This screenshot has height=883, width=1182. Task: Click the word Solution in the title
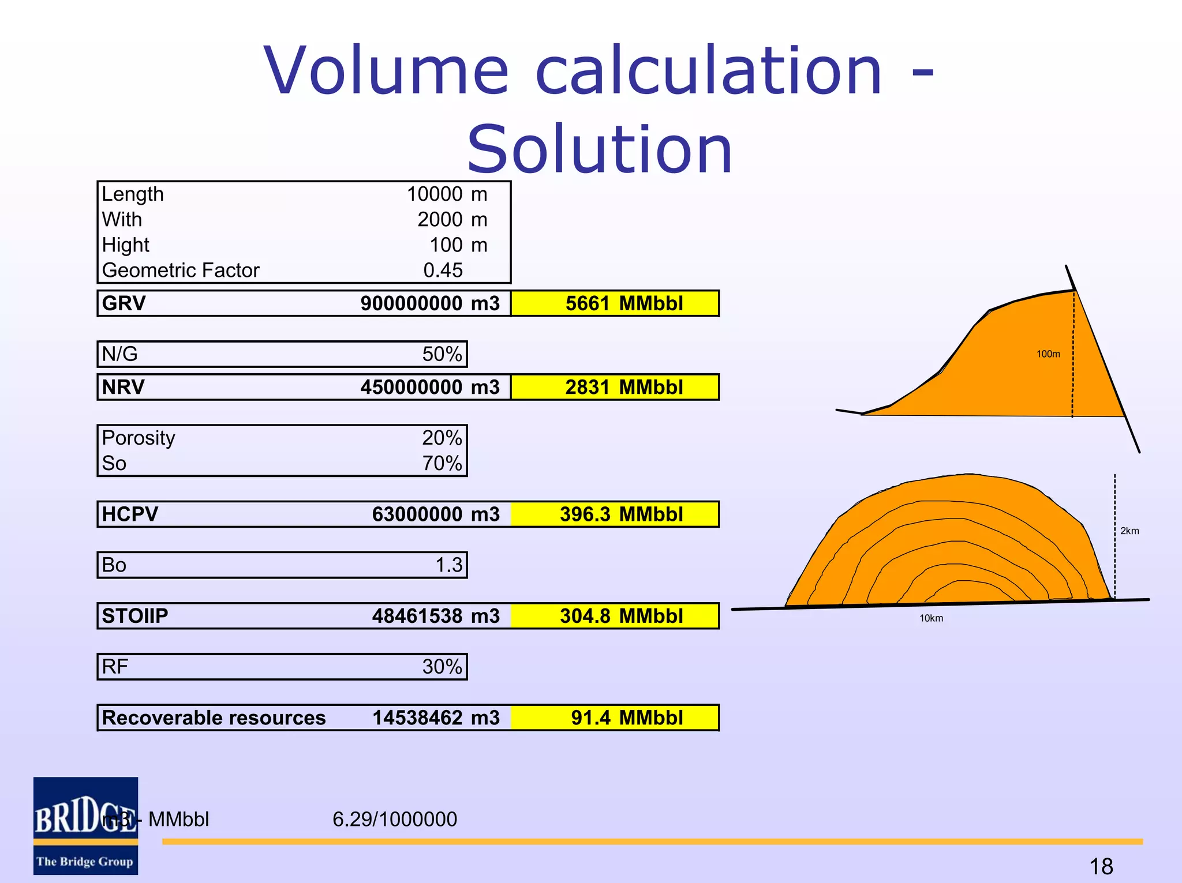(x=600, y=150)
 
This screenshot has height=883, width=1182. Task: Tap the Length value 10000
(x=434, y=194)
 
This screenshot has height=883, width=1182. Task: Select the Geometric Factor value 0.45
(x=443, y=270)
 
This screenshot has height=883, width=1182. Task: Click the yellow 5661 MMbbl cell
(x=615, y=303)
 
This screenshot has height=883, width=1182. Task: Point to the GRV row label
(x=124, y=303)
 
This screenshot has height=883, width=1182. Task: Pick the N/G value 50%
(x=442, y=354)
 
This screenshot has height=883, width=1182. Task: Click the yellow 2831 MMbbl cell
(x=615, y=387)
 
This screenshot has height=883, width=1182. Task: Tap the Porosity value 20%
(x=442, y=438)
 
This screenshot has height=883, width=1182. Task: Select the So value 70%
(x=442, y=464)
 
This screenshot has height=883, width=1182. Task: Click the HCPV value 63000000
(x=417, y=514)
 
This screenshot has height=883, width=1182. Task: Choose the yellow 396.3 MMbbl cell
(x=615, y=514)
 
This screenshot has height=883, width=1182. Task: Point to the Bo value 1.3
(x=448, y=565)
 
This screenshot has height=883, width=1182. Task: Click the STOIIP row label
(x=134, y=616)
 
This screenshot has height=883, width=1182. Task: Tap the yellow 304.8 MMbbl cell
(x=615, y=616)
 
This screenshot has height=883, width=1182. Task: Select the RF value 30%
(x=442, y=667)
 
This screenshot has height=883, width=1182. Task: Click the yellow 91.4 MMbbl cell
(x=615, y=718)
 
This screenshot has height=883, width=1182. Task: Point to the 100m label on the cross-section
(x=1048, y=354)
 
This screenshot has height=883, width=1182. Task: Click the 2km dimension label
(x=1129, y=531)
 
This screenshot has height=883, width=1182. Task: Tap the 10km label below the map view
(x=931, y=618)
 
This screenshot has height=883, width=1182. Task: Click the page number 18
(x=1101, y=866)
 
